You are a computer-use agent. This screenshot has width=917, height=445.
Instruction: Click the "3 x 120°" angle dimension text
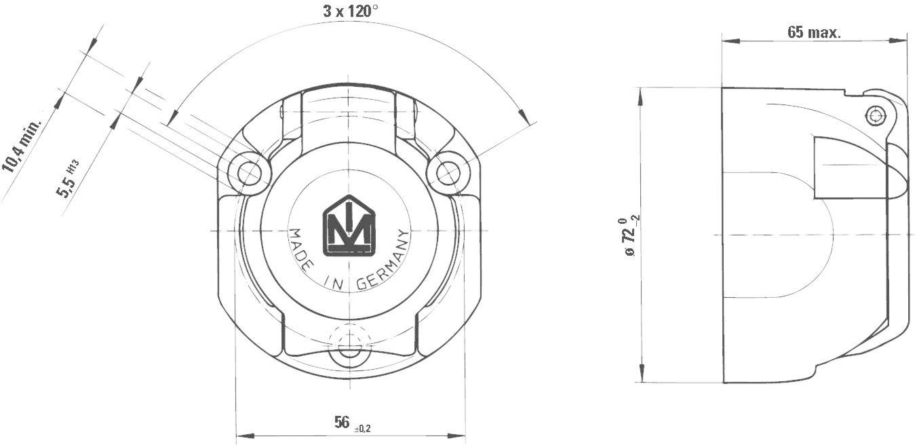click(350, 11)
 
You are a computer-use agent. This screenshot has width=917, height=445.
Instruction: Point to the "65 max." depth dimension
click(814, 32)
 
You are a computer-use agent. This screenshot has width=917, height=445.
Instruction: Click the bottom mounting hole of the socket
click(349, 352)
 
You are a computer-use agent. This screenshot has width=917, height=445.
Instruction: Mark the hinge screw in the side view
click(878, 115)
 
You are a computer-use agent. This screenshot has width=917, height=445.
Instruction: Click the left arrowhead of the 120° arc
click(171, 116)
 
